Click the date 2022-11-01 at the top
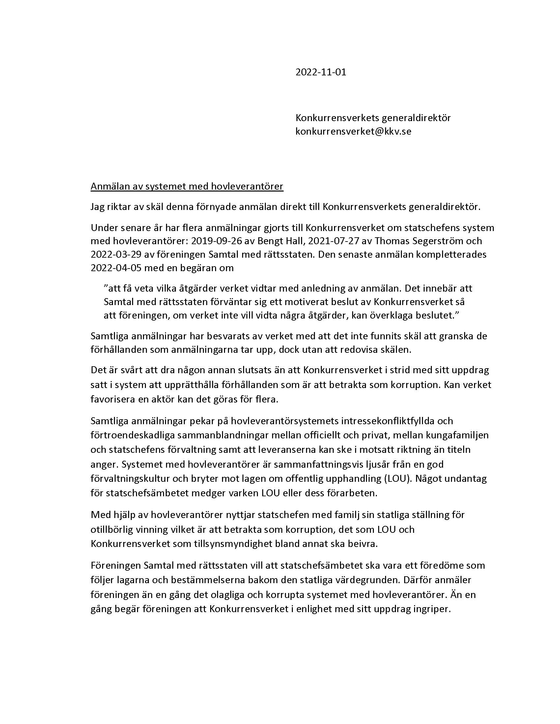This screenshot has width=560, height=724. tap(321, 72)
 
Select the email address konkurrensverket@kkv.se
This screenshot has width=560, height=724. tap(353, 131)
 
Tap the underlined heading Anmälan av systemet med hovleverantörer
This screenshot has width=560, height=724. tap(187, 187)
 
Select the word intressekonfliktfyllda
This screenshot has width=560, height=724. tap(382, 421)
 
